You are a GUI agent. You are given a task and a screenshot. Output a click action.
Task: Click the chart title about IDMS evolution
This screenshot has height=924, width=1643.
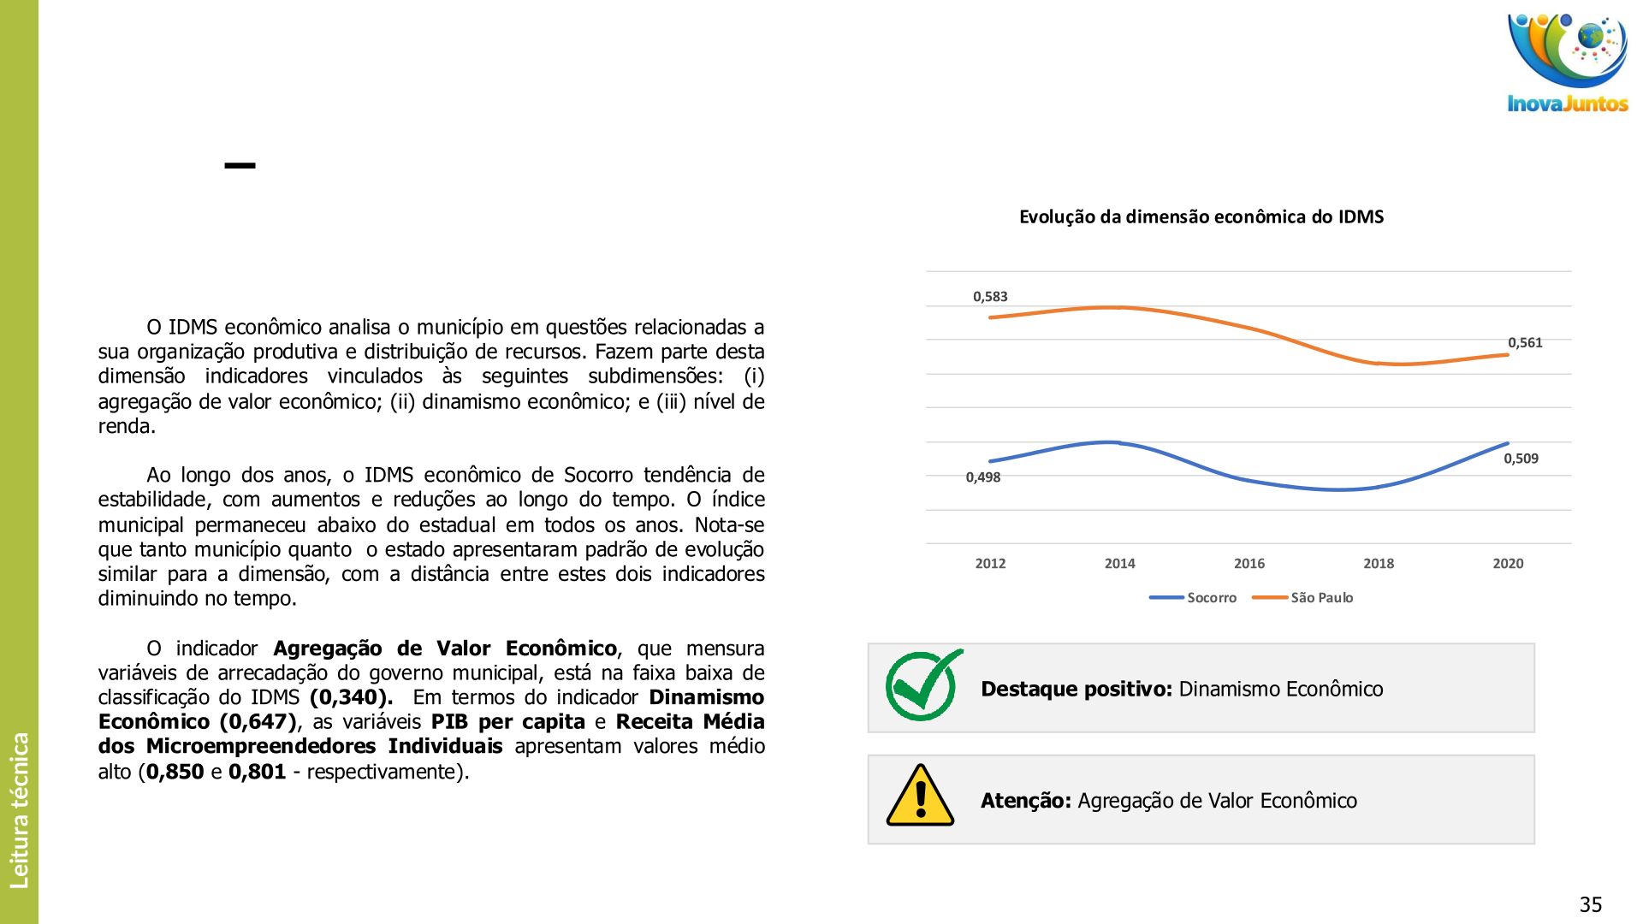pyautogui.click(x=1201, y=217)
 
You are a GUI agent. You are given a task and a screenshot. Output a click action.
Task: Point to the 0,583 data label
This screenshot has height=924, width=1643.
pyautogui.click(x=990, y=297)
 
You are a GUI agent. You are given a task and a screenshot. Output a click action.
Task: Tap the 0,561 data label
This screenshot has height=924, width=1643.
pyautogui.click(x=1525, y=343)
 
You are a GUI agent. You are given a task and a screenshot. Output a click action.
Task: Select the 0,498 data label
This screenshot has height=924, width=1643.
pyautogui.click(x=983, y=477)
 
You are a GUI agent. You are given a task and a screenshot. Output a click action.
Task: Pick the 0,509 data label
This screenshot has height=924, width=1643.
pyautogui.click(x=1521, y=459)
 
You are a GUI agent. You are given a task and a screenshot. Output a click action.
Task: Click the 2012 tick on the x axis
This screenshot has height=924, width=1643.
pyautogui.click(x=990, y=564)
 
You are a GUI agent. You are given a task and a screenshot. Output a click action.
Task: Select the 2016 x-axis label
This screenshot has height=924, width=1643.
pyautogui.click(x=1249, y=564)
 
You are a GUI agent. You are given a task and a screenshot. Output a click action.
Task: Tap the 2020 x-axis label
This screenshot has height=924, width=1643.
pyautogui.click(x=1508, y=564)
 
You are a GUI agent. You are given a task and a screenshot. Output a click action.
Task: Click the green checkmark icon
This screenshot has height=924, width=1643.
pyautogui.click(x=922, y=685)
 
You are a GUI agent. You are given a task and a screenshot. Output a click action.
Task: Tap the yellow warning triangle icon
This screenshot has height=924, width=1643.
pyautogui.click(x=920, y=797)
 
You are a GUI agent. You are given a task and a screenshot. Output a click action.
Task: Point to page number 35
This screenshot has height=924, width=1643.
pyautogui.click(x=1590, y=904)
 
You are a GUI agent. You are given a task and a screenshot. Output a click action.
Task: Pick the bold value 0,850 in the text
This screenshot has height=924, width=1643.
pyautogui.click(x=175, y=772)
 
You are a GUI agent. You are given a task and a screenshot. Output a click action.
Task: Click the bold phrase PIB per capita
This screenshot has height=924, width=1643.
pyautogui.click(x=507, y=722)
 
